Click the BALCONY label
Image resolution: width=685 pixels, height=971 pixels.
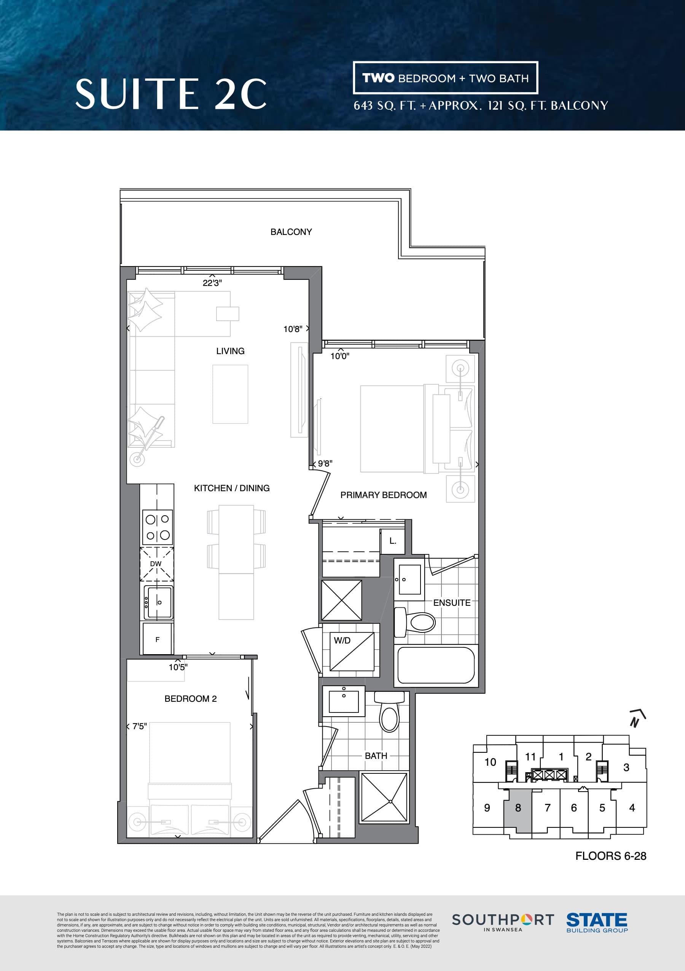[291, 232]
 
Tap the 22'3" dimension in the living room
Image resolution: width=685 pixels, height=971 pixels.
[212, 283]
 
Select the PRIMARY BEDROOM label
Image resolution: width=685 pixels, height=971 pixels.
[383, 495]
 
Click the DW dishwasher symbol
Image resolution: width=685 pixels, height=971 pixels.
[157, 564]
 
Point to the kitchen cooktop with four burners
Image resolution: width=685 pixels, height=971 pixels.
[157, 527]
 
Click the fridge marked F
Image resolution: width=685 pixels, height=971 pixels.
[157, 639]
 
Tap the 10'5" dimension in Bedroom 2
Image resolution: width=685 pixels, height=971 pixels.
[178, 667]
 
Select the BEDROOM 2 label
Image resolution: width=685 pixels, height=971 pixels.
[190, 699]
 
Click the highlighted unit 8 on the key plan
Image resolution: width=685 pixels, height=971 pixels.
[518, 808]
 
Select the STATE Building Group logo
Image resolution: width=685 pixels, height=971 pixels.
[596, 922]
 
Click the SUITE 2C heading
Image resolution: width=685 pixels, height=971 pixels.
[171, 94]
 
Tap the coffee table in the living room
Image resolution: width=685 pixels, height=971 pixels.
[230, 394]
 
